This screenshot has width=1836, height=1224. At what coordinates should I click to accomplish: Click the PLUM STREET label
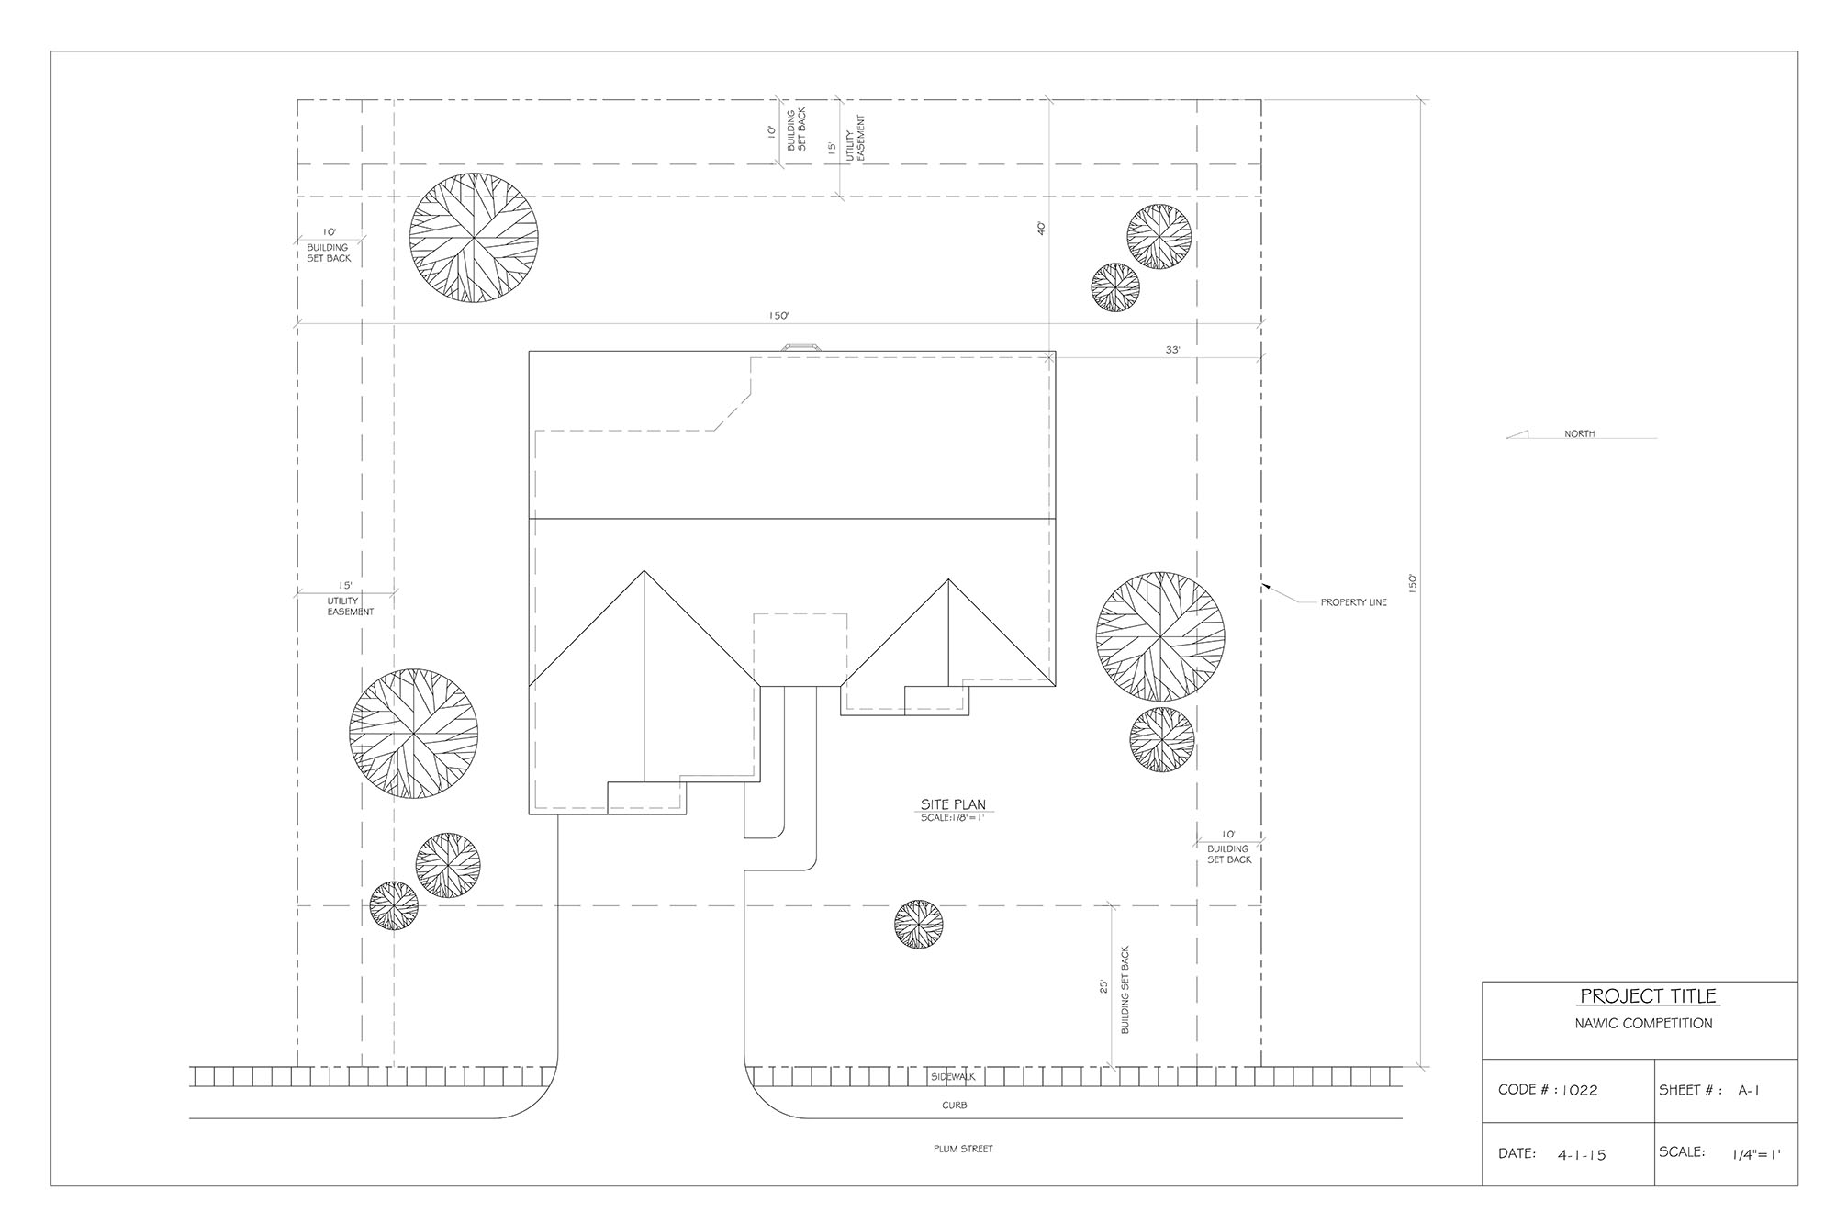click(963, 1149)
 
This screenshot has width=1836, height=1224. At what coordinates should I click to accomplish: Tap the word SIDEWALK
click(953, 1076)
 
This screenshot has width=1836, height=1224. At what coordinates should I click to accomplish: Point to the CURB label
click(955, 1106)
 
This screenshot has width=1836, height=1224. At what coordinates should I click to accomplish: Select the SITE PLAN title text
click(953, 805)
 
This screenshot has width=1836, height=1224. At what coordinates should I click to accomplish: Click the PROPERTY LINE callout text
click(1353, 603)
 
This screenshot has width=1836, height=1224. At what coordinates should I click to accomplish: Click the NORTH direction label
click(1580, 433)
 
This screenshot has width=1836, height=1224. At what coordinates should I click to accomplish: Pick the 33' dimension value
click(1172, 350)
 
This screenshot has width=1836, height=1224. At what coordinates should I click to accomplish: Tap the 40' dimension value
click(1041, 229)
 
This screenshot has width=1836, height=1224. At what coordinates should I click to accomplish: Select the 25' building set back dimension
click(1103, 986)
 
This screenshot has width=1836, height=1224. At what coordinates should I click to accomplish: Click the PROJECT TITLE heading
click(1648, 996)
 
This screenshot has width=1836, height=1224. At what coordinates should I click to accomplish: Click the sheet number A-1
click(1749, 1091)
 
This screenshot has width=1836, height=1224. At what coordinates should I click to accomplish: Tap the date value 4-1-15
click(1582, 1154)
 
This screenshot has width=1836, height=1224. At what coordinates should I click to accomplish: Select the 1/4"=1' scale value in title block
click(1756, 1154)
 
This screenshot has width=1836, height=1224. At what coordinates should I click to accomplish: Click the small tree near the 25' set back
click(919, 925)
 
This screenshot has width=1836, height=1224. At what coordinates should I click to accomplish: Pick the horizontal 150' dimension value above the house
click(778, 316)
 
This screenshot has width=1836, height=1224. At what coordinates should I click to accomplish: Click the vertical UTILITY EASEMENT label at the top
click(856, 139)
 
